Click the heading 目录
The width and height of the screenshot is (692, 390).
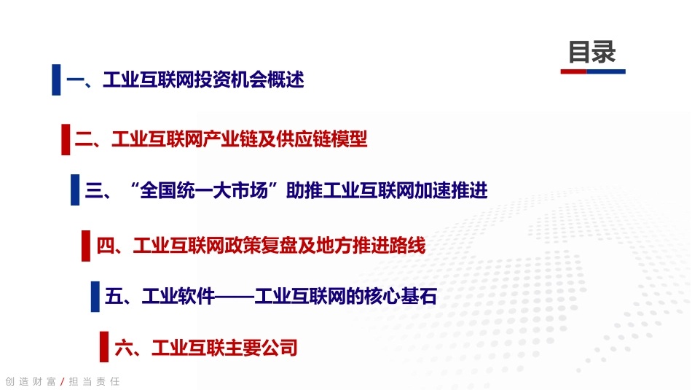coord(592,52)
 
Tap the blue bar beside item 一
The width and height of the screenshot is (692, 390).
coord(56,79)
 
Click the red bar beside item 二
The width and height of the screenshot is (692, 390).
coord(66,139)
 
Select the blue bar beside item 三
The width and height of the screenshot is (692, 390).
coord(75,190)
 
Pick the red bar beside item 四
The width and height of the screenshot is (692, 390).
coord(86,246)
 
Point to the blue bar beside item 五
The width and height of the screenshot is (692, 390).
coord(95,297)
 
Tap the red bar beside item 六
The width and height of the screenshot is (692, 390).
coord(104,348)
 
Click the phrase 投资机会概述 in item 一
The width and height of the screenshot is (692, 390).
coord(249,79)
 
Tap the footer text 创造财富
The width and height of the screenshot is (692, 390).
coord(31,381)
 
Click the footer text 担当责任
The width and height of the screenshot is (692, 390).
coord(93,381)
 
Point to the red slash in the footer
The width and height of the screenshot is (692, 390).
coord(62,381)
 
